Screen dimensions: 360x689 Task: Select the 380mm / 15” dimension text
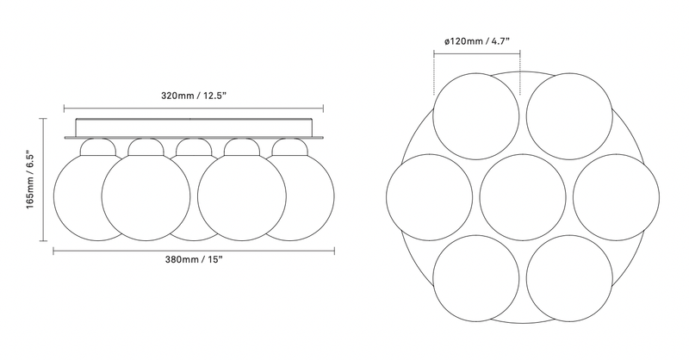coord(193,264)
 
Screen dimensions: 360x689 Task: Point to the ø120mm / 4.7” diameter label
coord(478,41)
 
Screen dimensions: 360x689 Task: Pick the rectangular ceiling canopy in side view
coord(193,126)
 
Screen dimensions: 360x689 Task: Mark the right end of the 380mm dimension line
coord(334,251)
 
